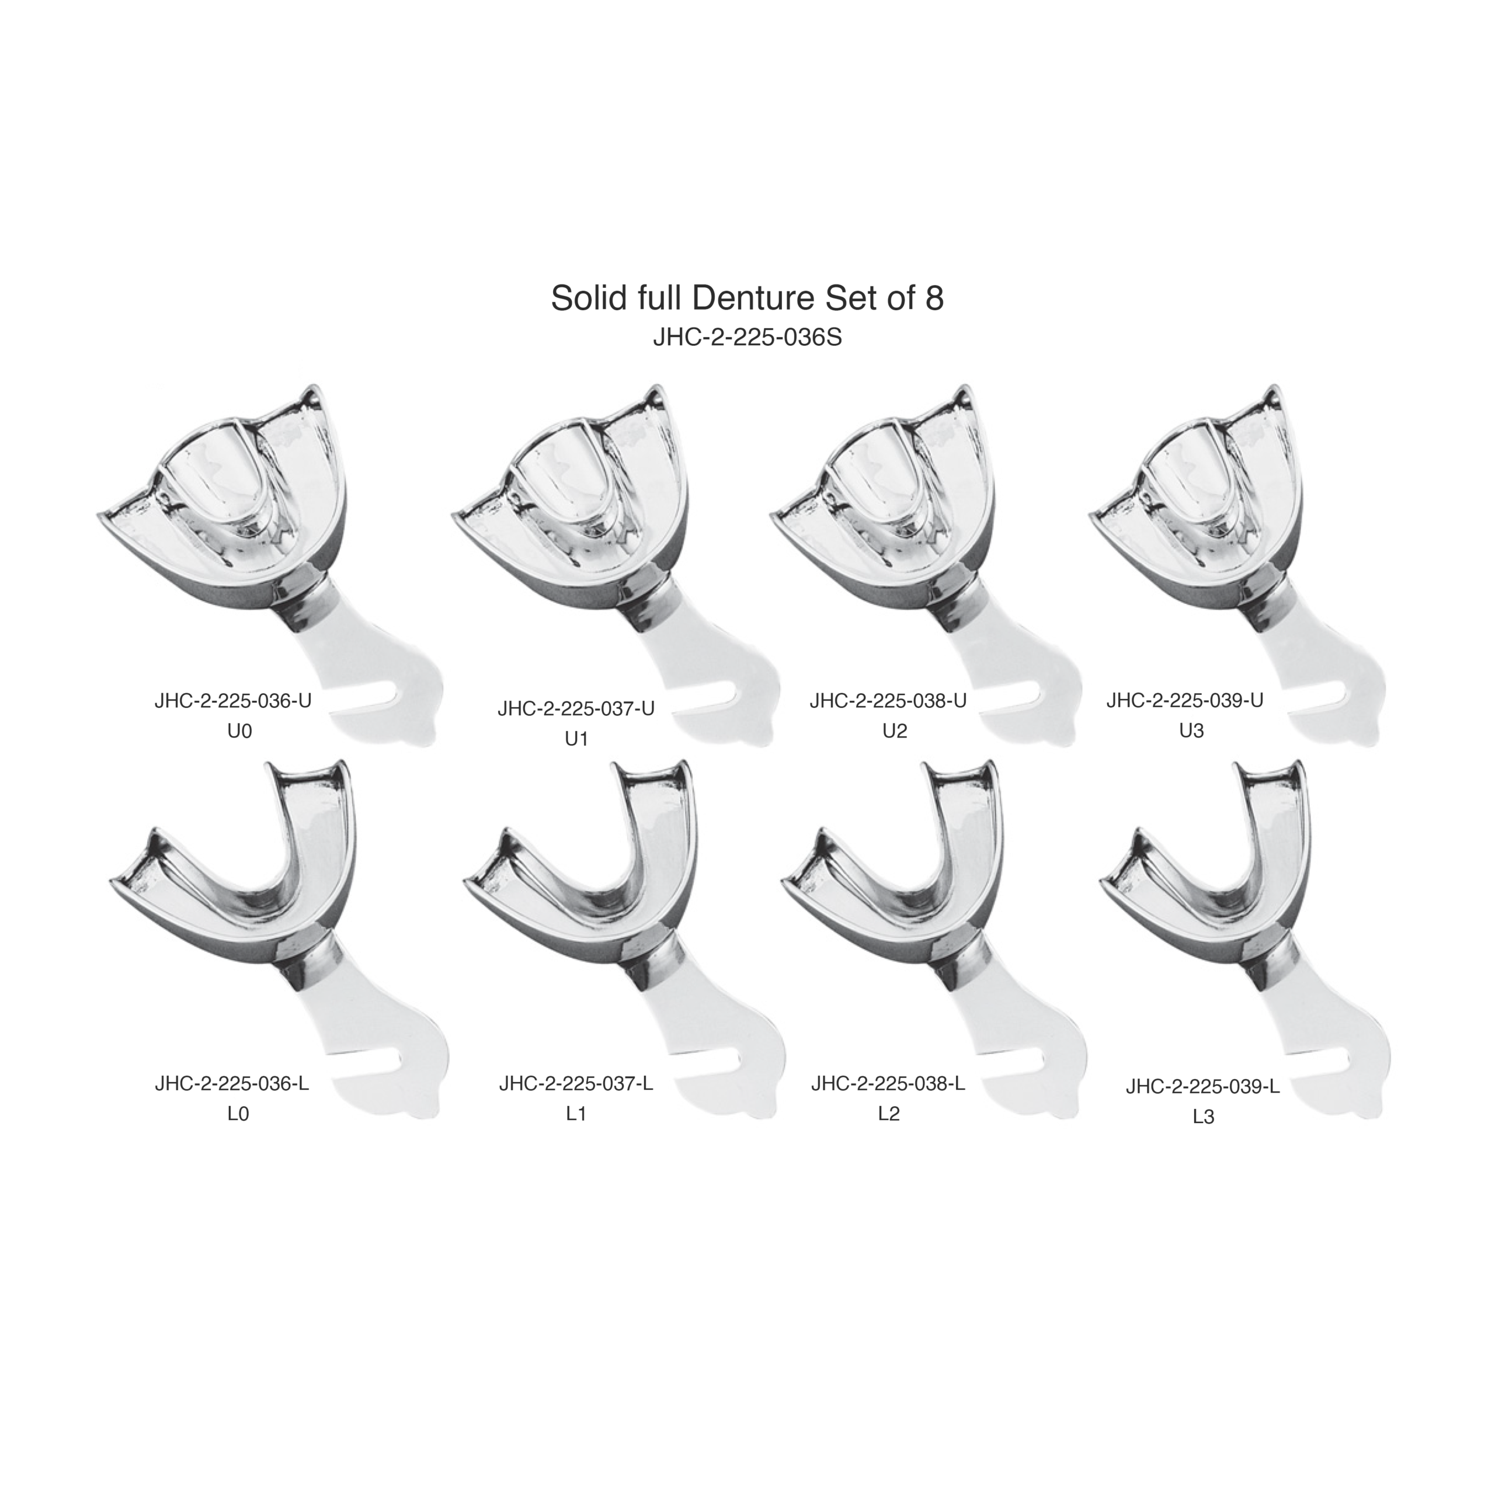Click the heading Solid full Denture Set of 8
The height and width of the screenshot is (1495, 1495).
point(747,298)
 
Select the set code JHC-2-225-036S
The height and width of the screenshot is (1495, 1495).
point(747,339)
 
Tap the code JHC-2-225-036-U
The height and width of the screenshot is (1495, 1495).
point(233,701)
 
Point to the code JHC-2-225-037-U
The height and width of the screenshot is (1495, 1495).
point(576,709)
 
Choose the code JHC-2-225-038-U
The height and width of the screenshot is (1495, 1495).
point(888,701)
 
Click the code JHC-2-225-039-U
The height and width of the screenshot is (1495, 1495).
point(1185,701)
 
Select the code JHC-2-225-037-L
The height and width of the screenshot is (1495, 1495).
point(576,1084)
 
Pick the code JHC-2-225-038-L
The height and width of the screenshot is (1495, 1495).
point(888,1084)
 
